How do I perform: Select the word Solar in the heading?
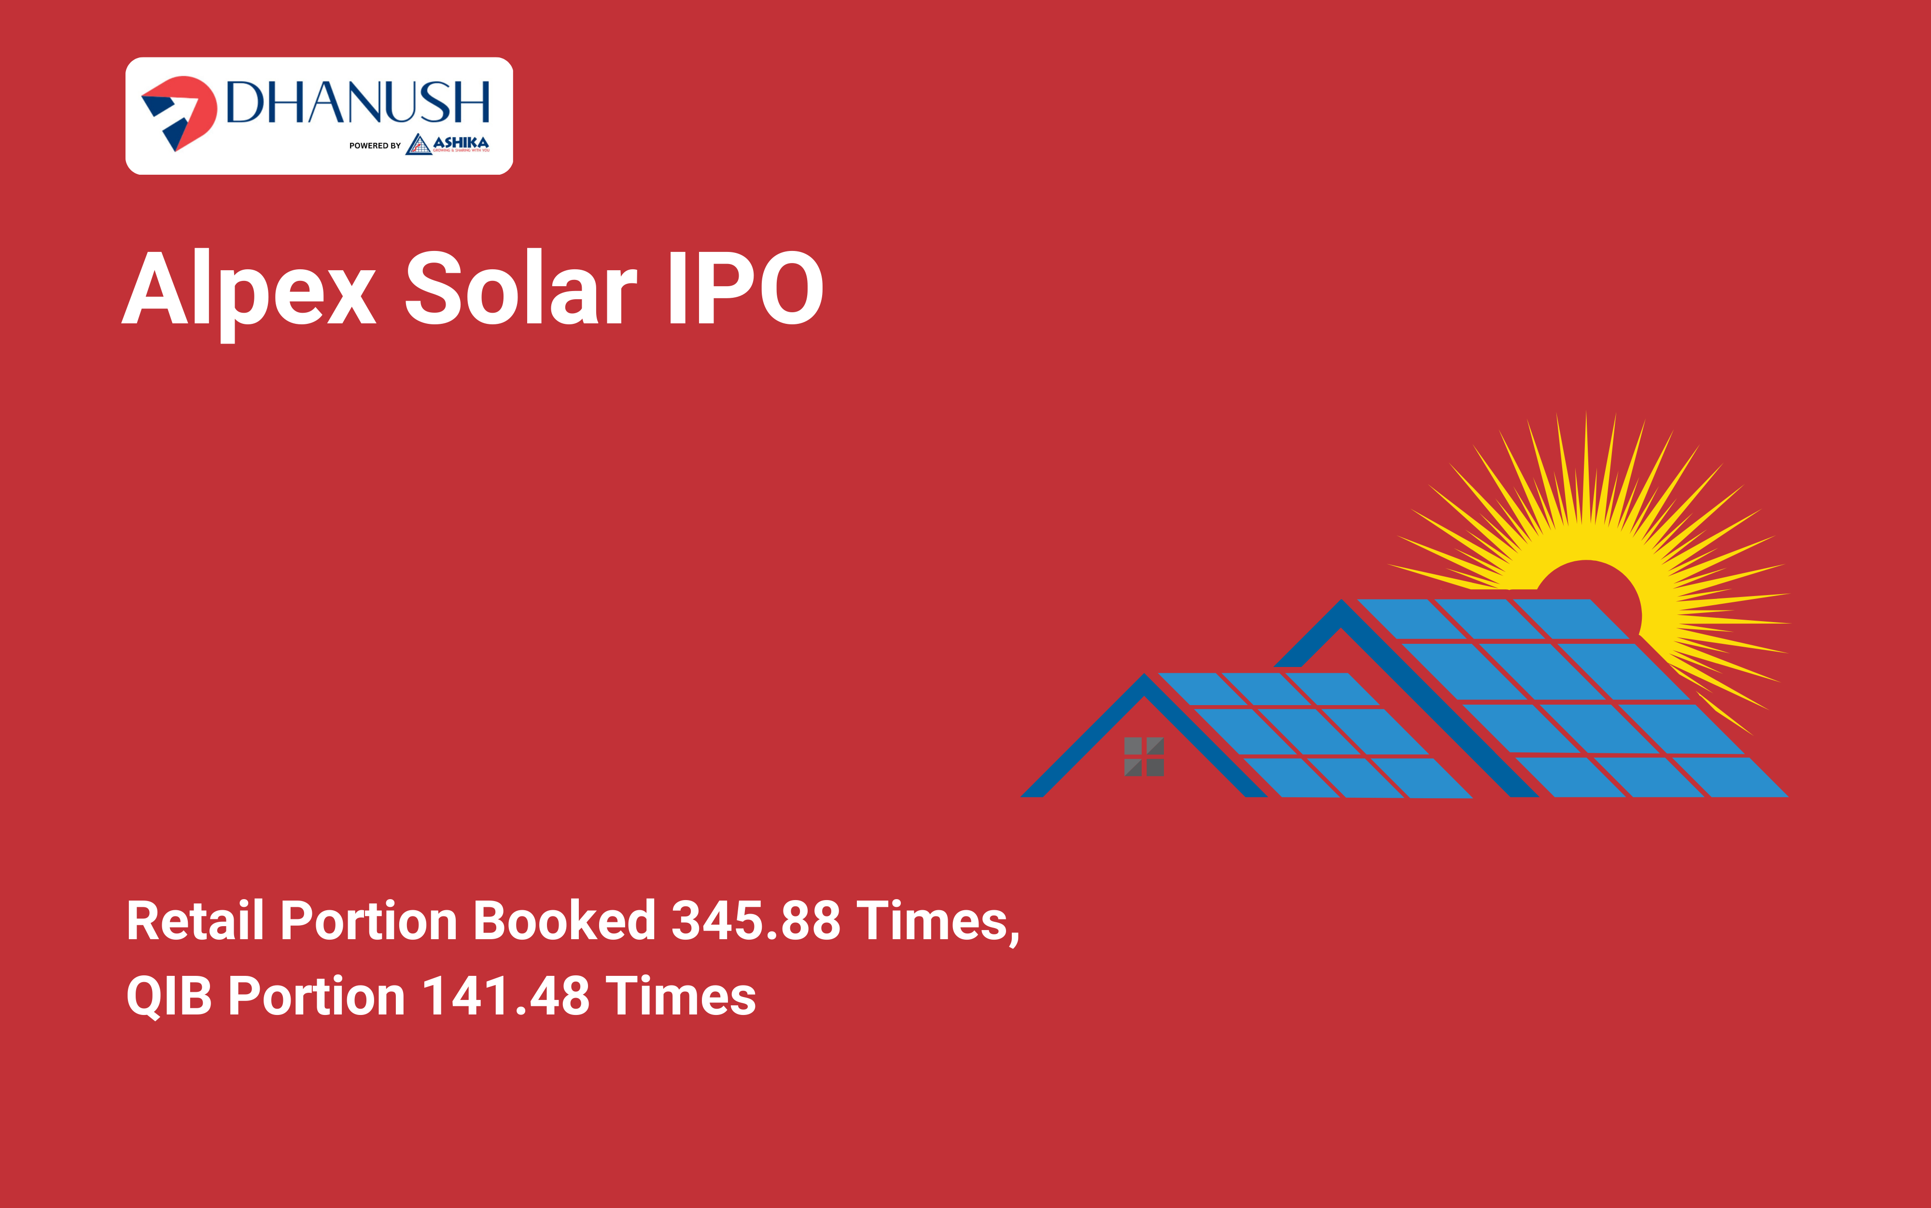[521, 288]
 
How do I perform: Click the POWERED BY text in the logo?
[375, 145]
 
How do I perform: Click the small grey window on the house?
[1144, 757]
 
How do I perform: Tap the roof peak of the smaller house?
[1144, 675]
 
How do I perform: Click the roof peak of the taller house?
[1342, 601]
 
